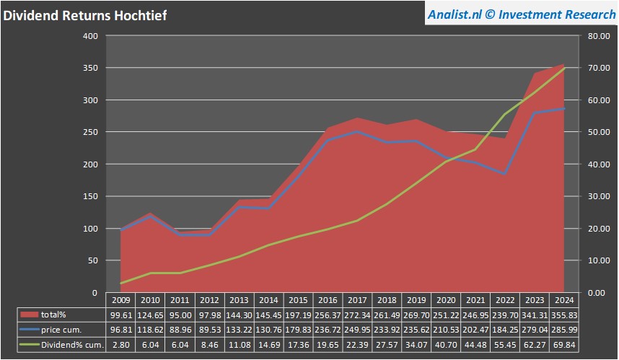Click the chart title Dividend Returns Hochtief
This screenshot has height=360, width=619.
(x=85, y=14)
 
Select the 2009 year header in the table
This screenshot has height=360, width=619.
(x=120, y=299)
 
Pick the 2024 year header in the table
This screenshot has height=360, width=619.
(x=564, y=299)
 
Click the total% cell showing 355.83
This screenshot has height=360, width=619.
(x=564, y=315)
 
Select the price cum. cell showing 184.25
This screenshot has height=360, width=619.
(x=505, y=330)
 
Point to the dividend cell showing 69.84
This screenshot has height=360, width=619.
(x=564, y=345)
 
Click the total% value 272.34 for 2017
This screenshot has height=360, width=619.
(x=357, y=315)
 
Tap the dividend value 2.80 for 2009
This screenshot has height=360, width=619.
(x=120, y=345)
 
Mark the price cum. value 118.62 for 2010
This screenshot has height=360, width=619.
(x=150, y=330)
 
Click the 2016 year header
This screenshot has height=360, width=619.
(x=328, y=299)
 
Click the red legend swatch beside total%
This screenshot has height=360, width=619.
(x=30, y=315)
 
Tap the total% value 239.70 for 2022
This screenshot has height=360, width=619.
(x=505, y=315)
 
